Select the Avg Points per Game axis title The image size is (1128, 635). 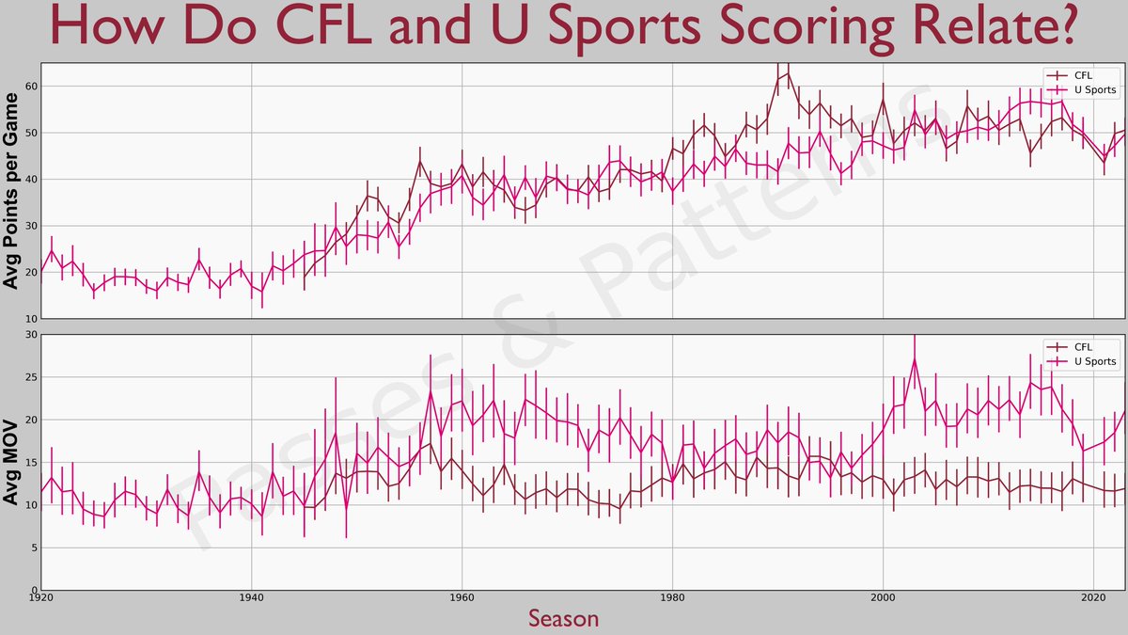pyautogui.click(x=12, y=191)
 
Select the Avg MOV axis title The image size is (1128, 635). pyautogui.click(x=12, y=463)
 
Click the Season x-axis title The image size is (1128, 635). pyautogui.click(x=563, y=618)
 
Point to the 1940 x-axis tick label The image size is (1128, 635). pyautogui.click(x=251, y=598)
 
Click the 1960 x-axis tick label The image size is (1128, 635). pyautogui.click(x=462, y=598)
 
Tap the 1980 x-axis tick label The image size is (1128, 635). pyautogui.click(x=672, y=598)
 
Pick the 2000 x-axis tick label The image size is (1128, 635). pyautogui.click(x=883, y=598)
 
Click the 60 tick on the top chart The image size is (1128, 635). pyautogui.click(x=31, y=87)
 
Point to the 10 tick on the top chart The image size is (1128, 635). pyautogui.click(x=31, y=319)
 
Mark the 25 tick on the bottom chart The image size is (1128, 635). pyautogui.click(x=31, y=377)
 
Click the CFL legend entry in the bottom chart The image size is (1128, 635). pyautogui.click(x=1083, y=347)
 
